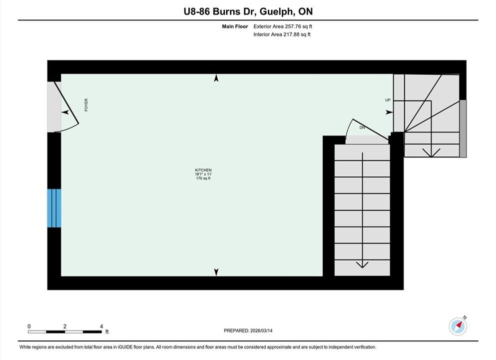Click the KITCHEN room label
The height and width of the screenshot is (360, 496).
pyautogui.click(x=203, y=170)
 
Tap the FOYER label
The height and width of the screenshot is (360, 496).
pyautogui.click(x=86, y=105)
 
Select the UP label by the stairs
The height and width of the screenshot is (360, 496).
pyautogui.click(x=388, y=100)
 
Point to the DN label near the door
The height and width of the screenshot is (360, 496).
pyautogui.click(x=362, y=127)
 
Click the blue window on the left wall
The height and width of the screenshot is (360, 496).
pyautogui.click(x=54, y=208)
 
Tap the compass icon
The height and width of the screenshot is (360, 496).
pyautogui.click(x=458, y=326)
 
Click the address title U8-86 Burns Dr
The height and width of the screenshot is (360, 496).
pyautogui.click(x=220, y=11)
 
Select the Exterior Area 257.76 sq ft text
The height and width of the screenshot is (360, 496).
pyautogui.click(x=283, y=26)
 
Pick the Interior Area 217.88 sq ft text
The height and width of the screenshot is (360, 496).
pyautogui.click(x=282, y=34)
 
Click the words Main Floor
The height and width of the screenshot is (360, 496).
pyautogui.click(x=235, y=26)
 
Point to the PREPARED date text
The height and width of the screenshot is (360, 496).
pyautogui.click(x=248, y=330)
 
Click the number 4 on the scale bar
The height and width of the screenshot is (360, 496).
pyautogui.click(x=101, y=326)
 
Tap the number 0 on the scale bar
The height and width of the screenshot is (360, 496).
pyautogui.click(x=29, y=326)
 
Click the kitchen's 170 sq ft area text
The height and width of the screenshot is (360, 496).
pyautogui.click(x=203, y=178)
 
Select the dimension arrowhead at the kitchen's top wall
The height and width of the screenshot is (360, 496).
pyautogui.click(x=216, y=78)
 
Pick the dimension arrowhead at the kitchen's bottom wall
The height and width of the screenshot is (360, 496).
pyautogui.click(x=216, y=272)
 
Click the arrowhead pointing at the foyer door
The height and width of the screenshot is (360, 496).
pyautogui.click(x=65, y=112)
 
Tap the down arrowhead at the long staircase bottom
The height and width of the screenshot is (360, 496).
pyautogui.click(x=362, y=264)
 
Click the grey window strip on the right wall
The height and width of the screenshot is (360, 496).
pyautogui.click(x=463, y=128)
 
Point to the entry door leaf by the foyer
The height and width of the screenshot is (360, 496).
pyautogui.click(x=66, y=102)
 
